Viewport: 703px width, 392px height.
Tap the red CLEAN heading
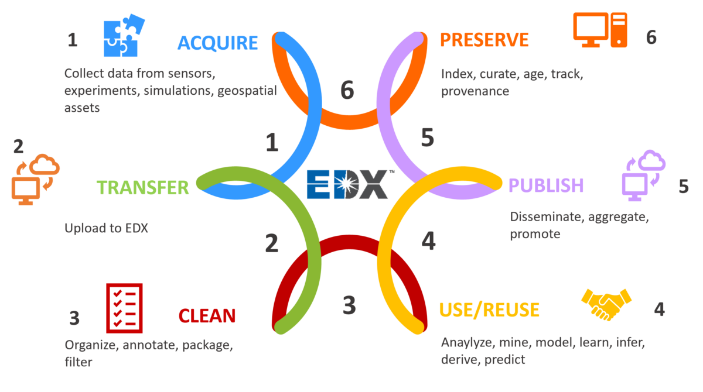(207, 315)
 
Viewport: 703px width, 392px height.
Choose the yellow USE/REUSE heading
(489, 310)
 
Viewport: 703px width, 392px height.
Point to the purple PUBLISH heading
(546, 185)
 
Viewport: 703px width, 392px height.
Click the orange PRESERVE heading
(484, 40)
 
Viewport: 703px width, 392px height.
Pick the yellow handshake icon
(606, 303)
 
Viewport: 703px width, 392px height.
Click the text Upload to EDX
(107, 228)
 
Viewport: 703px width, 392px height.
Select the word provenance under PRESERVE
(475, 91)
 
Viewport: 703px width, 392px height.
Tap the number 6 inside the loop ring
(347, 91)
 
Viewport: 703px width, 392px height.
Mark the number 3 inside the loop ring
(349, 305)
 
